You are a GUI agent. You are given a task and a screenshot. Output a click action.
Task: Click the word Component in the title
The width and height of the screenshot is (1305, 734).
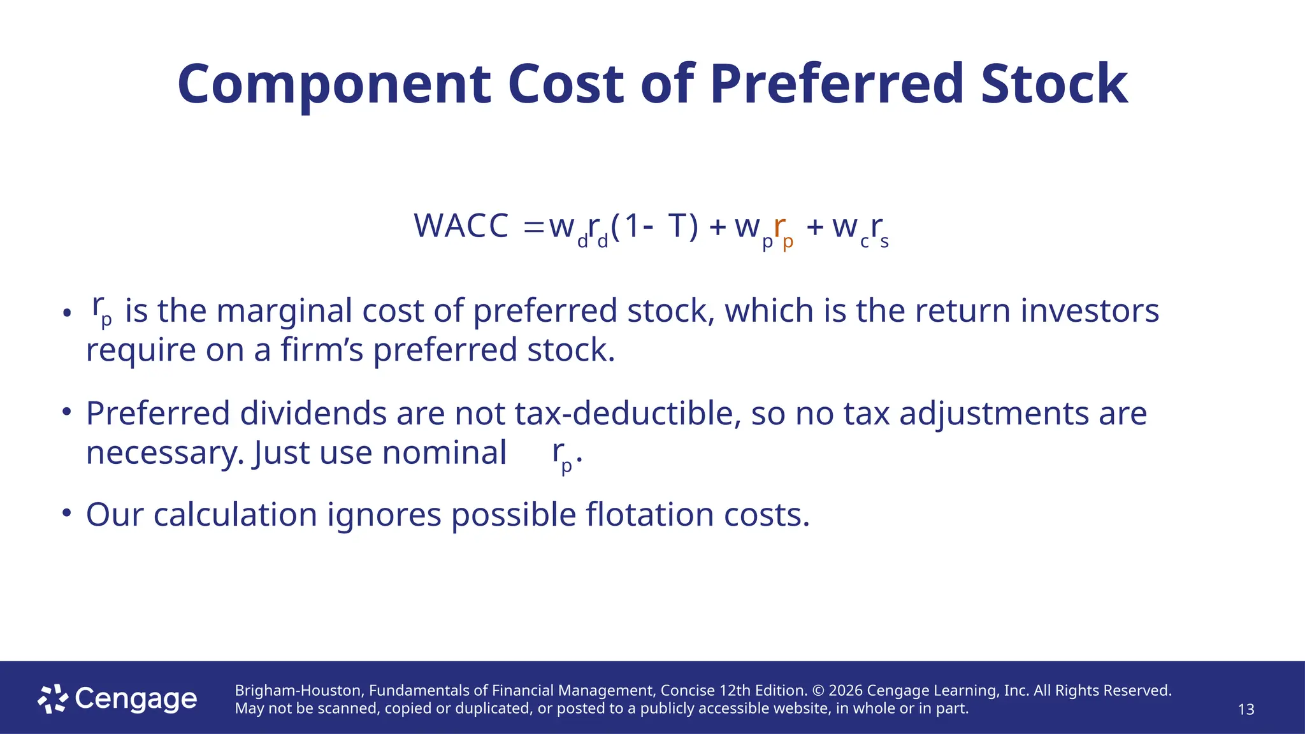pyautogui.click(x=334, y=85)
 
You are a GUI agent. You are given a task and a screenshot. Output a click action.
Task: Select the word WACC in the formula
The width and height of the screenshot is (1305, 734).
pyautogui.click(x=461, y=226)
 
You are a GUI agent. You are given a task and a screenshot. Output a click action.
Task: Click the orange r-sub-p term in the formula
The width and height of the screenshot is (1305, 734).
pyautogui.click(x=782, y=231)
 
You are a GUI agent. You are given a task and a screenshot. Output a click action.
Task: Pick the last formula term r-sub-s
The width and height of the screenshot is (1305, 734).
pyautogui.click(x=879, y=231)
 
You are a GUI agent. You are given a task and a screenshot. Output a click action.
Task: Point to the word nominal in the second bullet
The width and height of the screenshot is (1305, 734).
pyautogui.click(x=444, y=453)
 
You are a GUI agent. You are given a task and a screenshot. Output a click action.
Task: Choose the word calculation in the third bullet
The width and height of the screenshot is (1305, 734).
pyautogui.click(x=235, y=515)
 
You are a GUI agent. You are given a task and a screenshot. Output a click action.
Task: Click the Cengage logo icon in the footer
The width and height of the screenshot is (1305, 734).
pyautogui.click(x=52, y=699)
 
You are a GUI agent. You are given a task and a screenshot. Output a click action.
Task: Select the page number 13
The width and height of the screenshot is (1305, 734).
pyautogui.click(x=1246, y=709)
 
